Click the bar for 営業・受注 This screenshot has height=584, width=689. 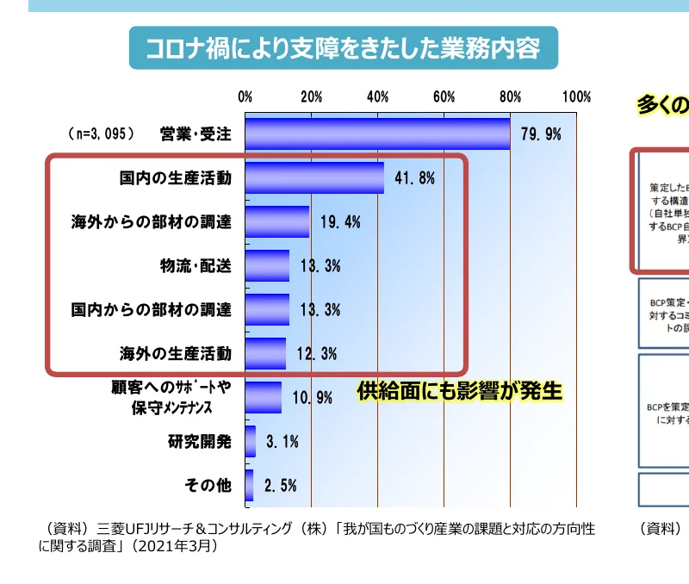[x=377, y=134]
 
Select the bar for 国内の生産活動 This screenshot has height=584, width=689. [x=314, y=178]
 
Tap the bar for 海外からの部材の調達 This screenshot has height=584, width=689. [x=277, y=221]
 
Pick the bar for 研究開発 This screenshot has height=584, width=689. [x=251, y=442]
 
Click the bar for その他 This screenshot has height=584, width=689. [x=250, y=485]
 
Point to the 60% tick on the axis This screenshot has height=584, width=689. [x=444, y=96]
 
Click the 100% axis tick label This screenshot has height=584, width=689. [x=576, y=96]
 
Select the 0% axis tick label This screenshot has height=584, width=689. [x=245, y=96]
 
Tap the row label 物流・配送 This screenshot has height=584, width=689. [x=196, y=265]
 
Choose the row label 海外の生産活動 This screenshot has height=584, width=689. [x=176, y=353]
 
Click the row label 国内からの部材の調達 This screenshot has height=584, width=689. [x=152, y=309]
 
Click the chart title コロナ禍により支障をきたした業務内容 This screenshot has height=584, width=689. [x=343, y=47]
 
